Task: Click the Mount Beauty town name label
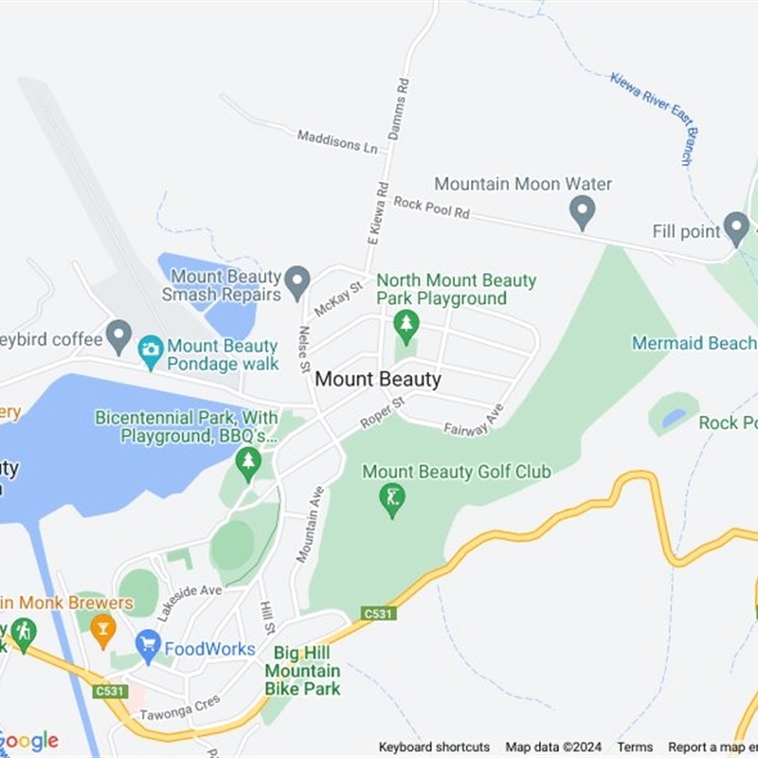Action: pyautogui.click(x=377, y=379)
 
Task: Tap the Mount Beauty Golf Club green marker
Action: pyautogui.click(x=391, y=498)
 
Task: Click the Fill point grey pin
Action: pyautogui.click(x=736, y=227)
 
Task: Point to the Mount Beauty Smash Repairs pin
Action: pyautogui.click(x=298, y=281)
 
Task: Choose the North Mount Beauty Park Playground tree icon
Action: pyautogui.click(x=406, y=326)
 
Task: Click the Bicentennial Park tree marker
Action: pyautogui.click(x=248, y=462)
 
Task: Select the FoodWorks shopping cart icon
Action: pyautogui.click(x=148, y=647)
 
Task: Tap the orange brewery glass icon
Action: pyautogui.click(x=102, y=628)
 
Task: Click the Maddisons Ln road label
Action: pyautogui.click(x=337, y=141)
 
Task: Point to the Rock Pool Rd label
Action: pyautogui.click(x=431, y=208)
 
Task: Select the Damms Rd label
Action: pyautogui.click(x=401, y=109)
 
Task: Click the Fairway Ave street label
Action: pyautogui.click(x=474, y=420)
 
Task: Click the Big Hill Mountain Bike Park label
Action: pyautogui.click(x=302, y=671)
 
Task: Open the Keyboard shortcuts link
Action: pyautogui.click(x=434, y=747)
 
